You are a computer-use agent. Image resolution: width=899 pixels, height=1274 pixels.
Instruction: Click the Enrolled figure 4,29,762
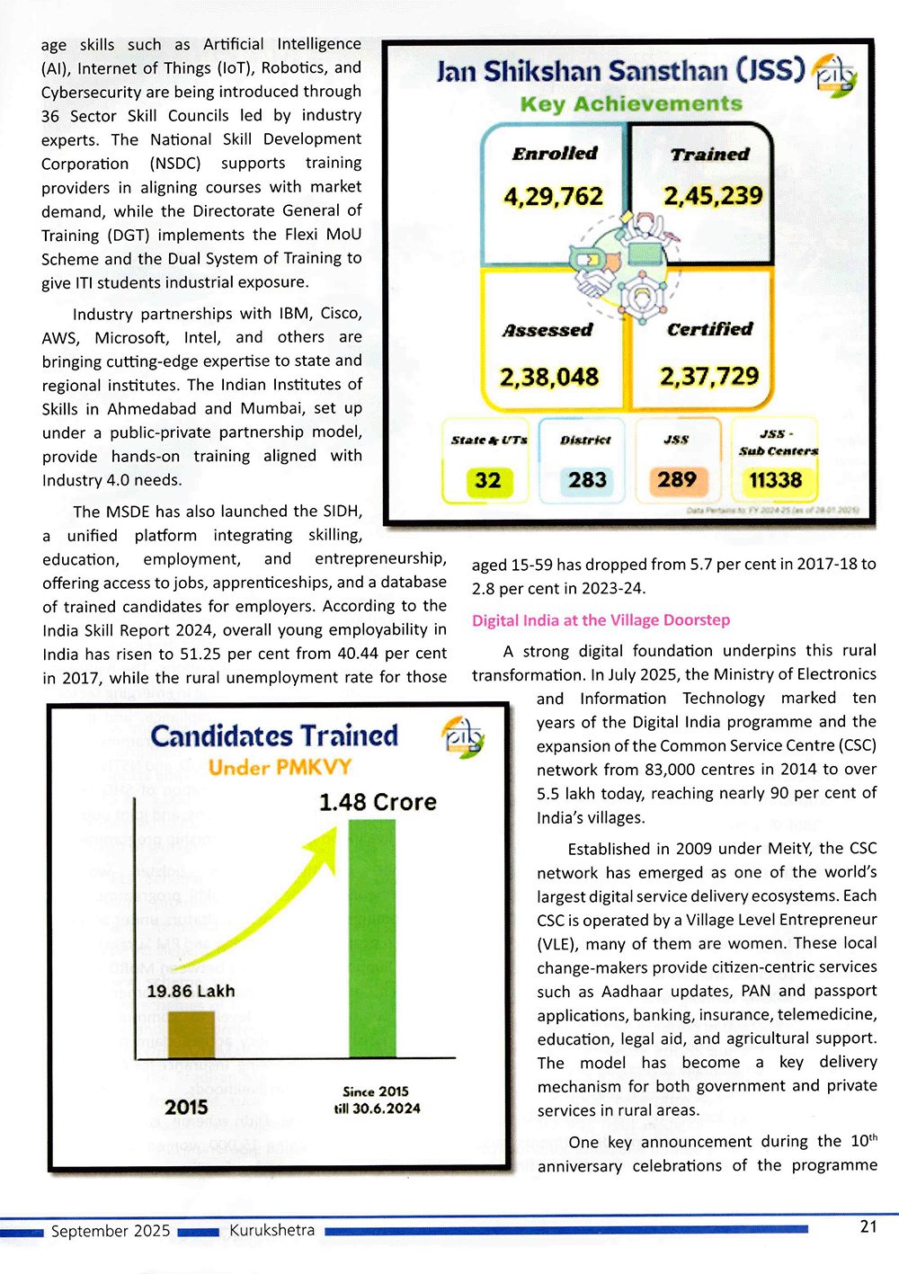(553, 197)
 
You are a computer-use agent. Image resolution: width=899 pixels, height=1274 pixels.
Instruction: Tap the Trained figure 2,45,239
(713, 196)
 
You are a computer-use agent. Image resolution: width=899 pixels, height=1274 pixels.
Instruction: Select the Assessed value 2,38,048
(549, 377)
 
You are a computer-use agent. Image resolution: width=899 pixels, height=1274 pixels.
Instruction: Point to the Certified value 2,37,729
(709, 376)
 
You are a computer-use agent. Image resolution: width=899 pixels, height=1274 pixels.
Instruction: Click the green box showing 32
(488, 480)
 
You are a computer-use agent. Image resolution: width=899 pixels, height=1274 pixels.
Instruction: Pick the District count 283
(587, 480)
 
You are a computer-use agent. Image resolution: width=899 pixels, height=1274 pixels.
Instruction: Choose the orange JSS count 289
(676, 480)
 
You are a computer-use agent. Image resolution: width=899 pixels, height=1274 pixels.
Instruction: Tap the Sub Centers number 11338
(775, 480)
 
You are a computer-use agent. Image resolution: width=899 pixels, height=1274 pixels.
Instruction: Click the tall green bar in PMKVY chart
(372, 940)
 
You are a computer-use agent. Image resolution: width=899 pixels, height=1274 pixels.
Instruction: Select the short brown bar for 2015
(191, 1034)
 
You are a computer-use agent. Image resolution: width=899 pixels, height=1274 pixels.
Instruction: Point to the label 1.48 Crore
(378, 802)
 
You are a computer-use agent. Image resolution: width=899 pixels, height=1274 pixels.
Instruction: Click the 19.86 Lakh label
(191, 991)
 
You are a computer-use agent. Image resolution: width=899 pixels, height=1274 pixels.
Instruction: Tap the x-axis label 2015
(186, 1107)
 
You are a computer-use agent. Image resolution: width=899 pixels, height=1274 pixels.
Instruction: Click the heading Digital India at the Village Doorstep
(601, 620)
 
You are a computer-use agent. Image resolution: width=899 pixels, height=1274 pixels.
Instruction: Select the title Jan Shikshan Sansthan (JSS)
(620, 71)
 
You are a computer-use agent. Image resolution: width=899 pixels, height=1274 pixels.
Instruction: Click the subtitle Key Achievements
(631, 104)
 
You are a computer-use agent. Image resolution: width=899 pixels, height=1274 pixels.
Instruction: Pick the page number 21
(868, 1226)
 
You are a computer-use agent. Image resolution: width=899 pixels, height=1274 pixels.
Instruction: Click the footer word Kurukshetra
(271, 1230)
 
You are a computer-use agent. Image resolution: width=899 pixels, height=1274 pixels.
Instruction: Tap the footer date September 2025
(111, 1231)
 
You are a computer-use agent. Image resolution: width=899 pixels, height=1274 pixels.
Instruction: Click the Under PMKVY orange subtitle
(280, 767)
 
